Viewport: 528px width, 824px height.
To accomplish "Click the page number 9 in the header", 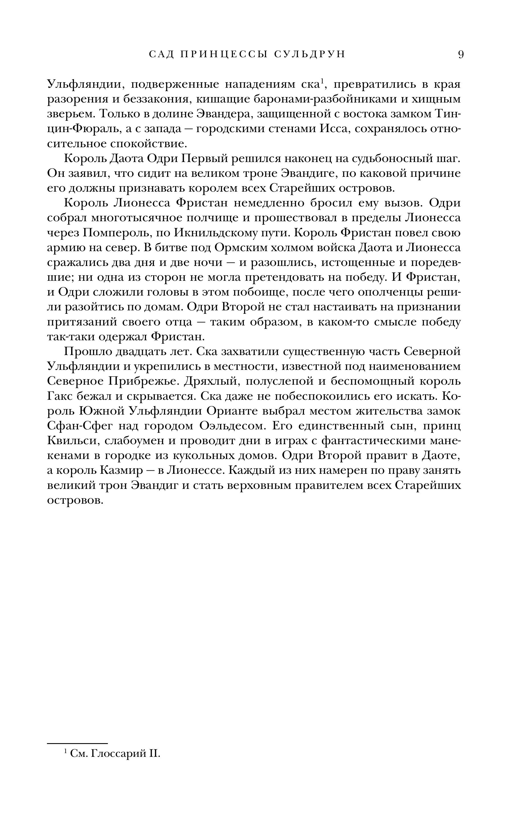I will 461,54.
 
